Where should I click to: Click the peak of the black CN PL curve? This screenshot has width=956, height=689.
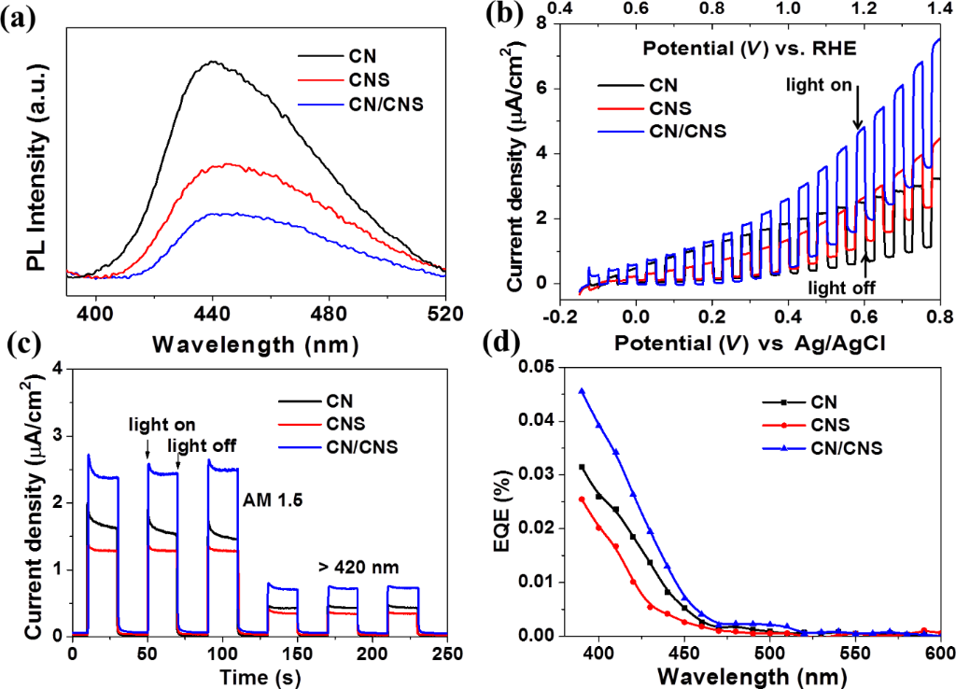coord(214,63)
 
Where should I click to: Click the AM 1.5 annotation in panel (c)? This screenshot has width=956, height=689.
coord(279,499)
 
